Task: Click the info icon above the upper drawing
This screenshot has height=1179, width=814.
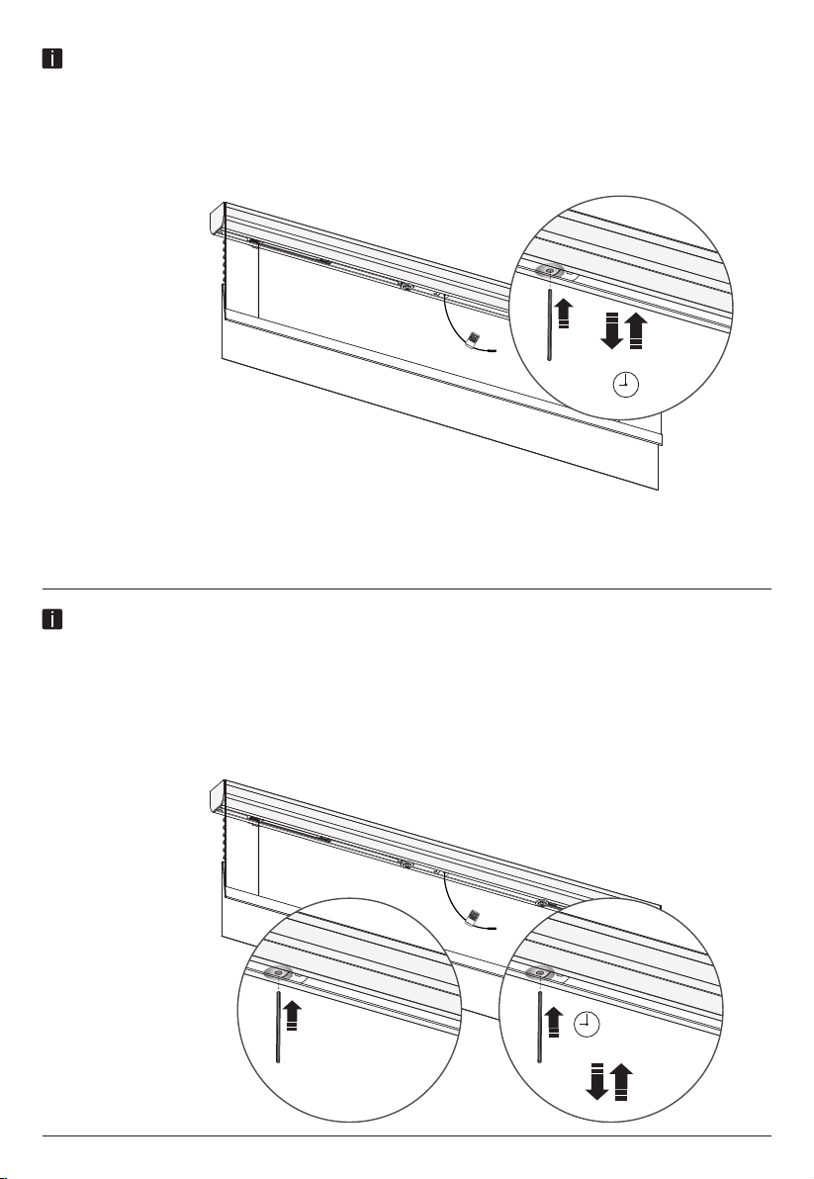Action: pos(51,59)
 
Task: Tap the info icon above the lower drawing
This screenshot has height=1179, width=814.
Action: pos(51,620)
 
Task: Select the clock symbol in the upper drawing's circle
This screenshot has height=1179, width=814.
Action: pos(623,385)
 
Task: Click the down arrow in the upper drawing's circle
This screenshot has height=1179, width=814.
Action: pos(609,330)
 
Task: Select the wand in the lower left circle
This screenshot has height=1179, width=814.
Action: pos(279,1029)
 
